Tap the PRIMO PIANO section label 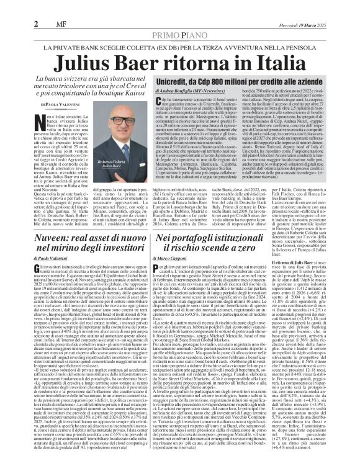point(180,18)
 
